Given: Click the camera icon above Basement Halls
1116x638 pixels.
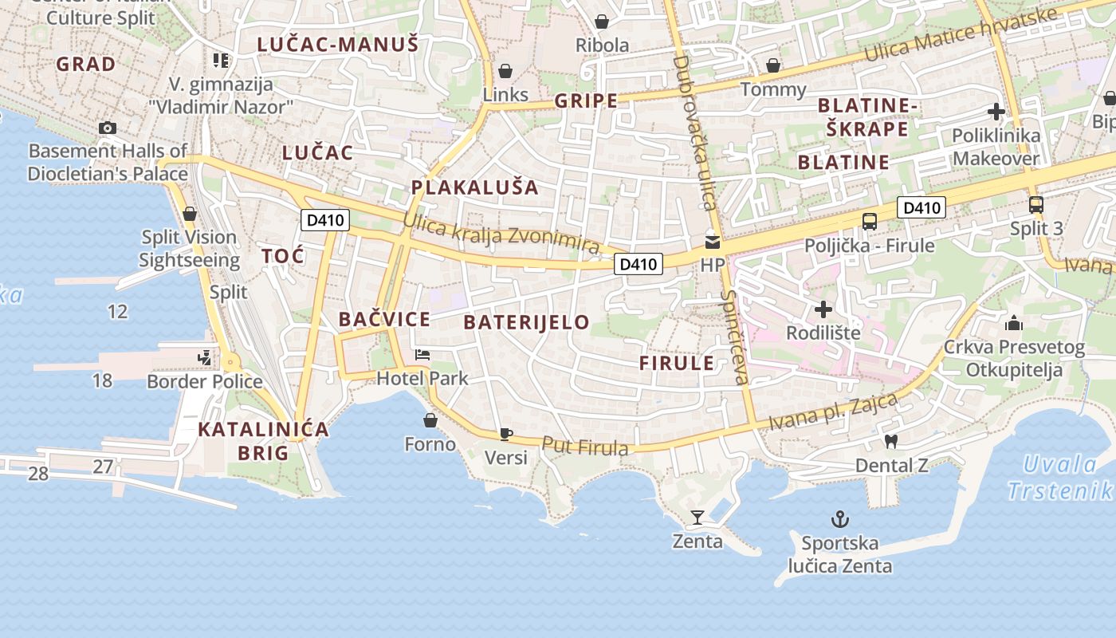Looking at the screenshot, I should (108, 128).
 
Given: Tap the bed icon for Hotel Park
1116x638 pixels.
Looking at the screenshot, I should (422, 355).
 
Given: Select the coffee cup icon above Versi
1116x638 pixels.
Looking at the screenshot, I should (505, 434).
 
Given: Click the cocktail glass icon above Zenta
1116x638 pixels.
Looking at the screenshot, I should (697, 518).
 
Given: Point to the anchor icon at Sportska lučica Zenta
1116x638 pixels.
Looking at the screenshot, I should (839, 520).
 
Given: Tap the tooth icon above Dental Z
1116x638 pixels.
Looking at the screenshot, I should (891, 440).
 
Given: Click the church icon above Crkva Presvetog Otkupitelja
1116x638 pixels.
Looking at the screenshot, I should (1014, 323).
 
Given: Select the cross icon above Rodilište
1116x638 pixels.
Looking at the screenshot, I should (823, 309).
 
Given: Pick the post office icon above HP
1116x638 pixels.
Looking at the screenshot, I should (712, 242).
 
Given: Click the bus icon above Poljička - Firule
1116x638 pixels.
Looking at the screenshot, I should (869, 222).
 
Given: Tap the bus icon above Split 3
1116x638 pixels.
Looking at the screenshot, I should (1035, 204).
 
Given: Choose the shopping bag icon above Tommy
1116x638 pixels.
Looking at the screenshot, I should (772, 65).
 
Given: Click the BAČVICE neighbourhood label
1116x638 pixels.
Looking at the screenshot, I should (384, 320).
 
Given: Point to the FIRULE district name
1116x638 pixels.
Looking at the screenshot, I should (677, 364).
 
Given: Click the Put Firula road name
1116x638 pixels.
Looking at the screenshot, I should (585, 447).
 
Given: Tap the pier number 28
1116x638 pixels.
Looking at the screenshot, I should (38, 474).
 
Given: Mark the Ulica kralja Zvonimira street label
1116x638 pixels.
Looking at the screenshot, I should (501, 234).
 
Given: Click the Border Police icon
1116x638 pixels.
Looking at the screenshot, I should (206, 358).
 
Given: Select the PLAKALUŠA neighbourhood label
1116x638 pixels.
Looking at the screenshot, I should (474, 188).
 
